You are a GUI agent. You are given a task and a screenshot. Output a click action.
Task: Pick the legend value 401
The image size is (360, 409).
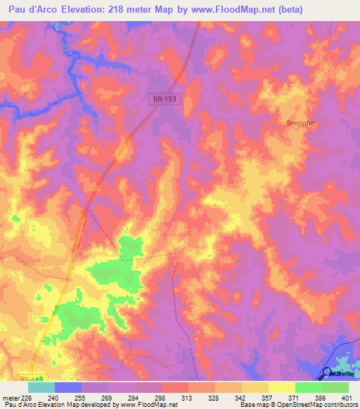pyautogui.click(x=348, y=398)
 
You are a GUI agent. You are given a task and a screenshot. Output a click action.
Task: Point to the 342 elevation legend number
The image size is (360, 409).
pyautogui.click(x=226, y=398)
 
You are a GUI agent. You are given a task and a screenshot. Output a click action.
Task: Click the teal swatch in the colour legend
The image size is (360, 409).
pyautogui.click(x=41, y=387)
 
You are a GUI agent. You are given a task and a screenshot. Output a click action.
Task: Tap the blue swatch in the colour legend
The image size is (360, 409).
pyautogui.click(x=68, y=387)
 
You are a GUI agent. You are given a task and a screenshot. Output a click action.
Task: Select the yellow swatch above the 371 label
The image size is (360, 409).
pyautogui.click(x=282, y=387)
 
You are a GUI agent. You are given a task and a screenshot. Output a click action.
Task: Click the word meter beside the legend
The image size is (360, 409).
pyautogui.click(x=10, y=398)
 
